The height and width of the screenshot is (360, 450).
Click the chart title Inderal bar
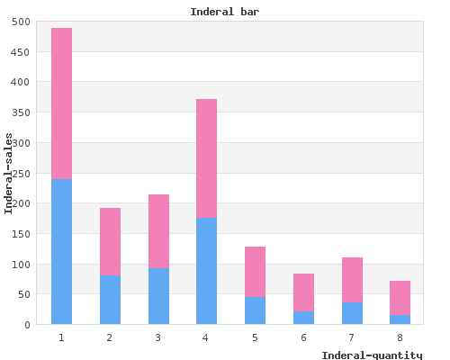pyautogui.click(x=225, y=12)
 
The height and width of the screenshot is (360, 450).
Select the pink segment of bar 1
pyautogui.click(x=61, y=103)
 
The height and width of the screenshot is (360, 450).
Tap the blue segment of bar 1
pyautogui.click(x=61, y=252)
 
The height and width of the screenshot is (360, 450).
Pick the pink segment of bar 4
pyautogui.click(x=206, y=158)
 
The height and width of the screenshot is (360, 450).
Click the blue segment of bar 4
pyautogui.click(x=206, y=271)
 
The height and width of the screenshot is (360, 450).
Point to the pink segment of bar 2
pyautogui.click(x=110, y=242)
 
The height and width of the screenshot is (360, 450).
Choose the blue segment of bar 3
pyautogui.click(x=158, y=296)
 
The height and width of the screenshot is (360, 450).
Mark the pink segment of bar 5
pyautogui.click(x=255, y=272)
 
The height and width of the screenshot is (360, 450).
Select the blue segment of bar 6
pyautogui.click(x=303, y=318)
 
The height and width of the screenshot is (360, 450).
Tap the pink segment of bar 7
pyautogui.click(x=352, y=280)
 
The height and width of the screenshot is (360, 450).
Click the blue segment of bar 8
pyautogui.click(x=400, y=319)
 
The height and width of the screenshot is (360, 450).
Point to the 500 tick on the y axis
pyautogui.click(x=21, y=22)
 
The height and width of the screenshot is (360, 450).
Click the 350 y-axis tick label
pyautogui.click(x=21, y=112)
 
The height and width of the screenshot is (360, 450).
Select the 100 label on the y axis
pyautogui.click(x=21, y=265)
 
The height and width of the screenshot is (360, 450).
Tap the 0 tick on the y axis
pyautogui.click(x=27, y=325)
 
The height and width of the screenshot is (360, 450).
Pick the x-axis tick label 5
pyautogui.click(x=255, y=337)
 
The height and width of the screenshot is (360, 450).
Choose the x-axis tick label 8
pyautogui.click(x=400, y=337)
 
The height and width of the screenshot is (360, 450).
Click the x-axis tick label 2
pyautogui.click(x=110, y=337)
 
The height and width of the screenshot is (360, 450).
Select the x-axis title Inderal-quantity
pyautogui.click(x=372, y=355)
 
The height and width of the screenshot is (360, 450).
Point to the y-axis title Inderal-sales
pyautogui.click(x=8, y=174)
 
